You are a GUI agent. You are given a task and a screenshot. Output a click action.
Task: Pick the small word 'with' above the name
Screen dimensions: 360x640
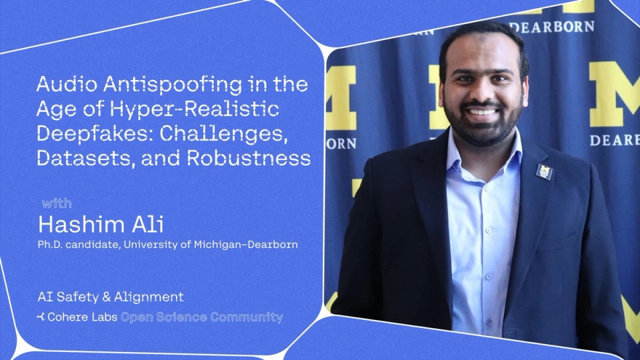[57, 203]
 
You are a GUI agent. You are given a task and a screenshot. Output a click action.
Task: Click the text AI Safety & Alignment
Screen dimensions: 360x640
[111, 297]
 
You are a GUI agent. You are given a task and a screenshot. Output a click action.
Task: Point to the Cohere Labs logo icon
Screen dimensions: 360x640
[41, 317]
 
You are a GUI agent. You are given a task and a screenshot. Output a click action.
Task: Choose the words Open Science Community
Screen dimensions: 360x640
[201, 317]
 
